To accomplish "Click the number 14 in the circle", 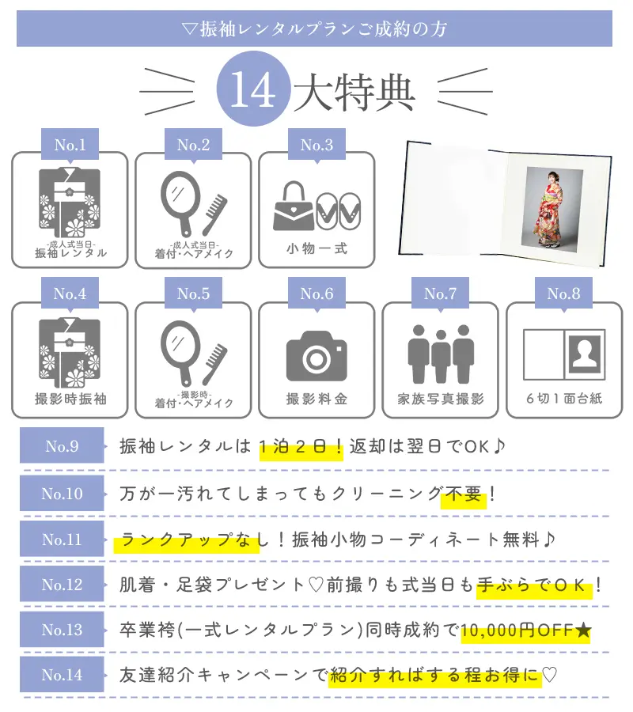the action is [252, 89].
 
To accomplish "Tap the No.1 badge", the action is [70, 145].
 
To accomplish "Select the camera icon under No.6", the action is [316, 356].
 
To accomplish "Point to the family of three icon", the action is [441, 354].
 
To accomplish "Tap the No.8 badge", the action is [563, 294].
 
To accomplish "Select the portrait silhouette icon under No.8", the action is [585, 354].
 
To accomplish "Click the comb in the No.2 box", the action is [214, 214].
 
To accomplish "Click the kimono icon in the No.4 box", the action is [70, 353].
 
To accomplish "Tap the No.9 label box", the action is [62, 445].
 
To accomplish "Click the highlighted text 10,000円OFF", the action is [517, 631].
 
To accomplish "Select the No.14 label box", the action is [62, 674].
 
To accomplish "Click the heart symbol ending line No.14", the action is [549, 675].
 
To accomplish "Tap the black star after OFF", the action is [582, 631].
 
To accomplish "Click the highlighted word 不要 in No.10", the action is [463, 494].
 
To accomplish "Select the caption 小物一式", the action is [316, 248].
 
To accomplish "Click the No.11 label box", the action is [62, 539].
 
